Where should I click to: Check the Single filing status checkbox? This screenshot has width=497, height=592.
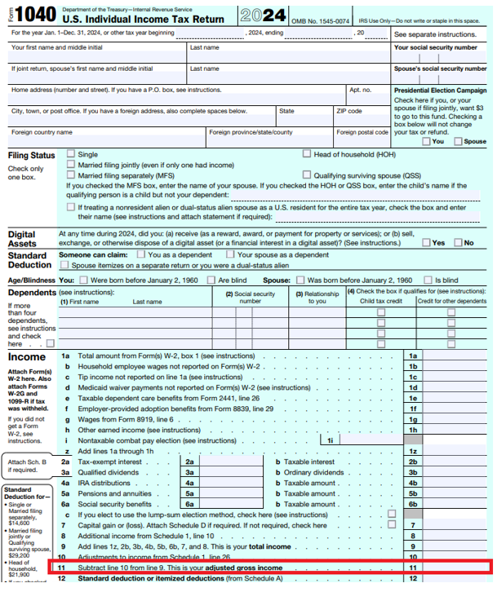pos(70,153)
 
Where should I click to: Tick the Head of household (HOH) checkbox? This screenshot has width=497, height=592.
pos(306,153)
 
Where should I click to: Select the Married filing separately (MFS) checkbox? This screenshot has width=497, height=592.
pos(70,175)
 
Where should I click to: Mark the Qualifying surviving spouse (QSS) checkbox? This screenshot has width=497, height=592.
pos(306,175)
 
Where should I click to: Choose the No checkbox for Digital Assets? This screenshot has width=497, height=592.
pos(457,242)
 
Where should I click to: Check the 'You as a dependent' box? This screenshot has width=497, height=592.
pos(142,254)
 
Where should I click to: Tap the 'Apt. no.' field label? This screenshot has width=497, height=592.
pos(360,90)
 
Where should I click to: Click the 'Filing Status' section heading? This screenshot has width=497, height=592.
pos(32,155)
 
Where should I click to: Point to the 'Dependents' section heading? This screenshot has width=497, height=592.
pos(33,291)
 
